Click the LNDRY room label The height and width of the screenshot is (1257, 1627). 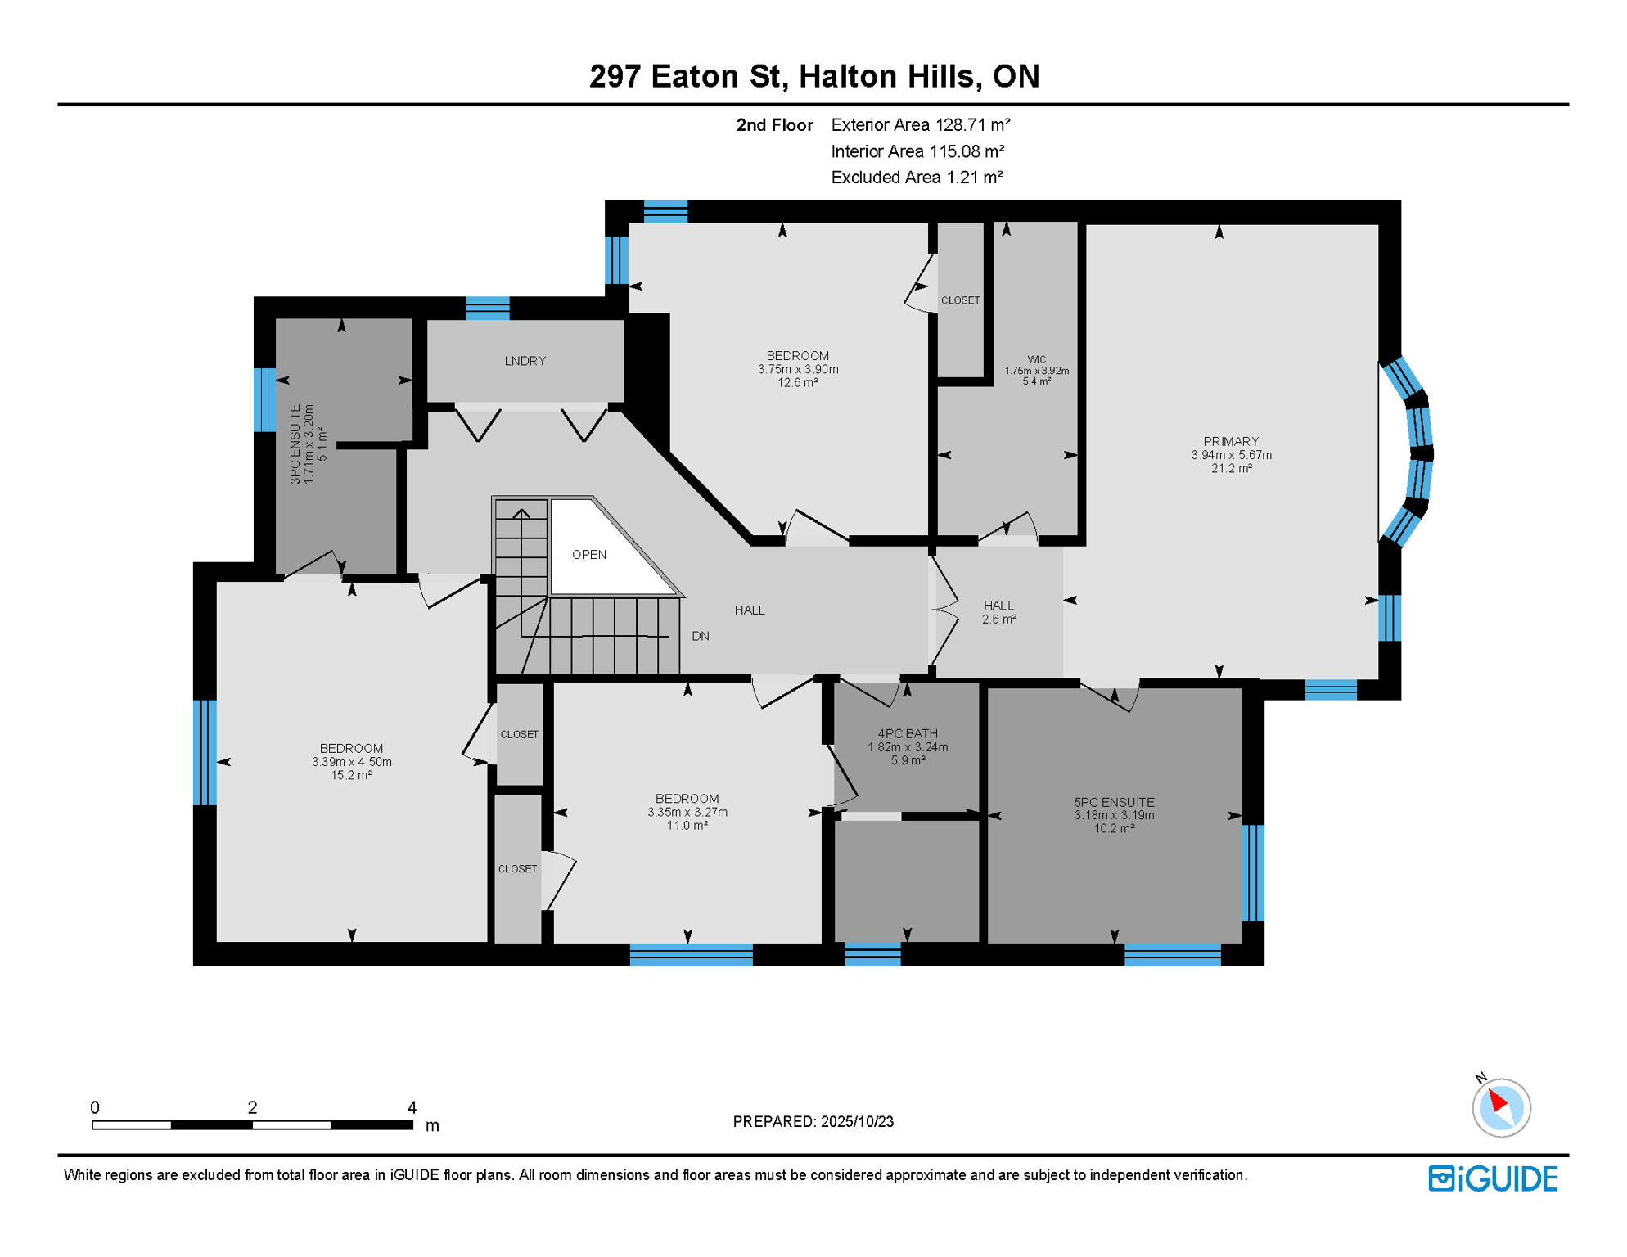(x=525, y=361)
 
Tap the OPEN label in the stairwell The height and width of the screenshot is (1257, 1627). (x=589, y=555)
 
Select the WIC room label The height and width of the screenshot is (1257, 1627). (x=1036, y=359)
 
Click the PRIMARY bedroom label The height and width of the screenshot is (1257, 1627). (x=1231, y=441)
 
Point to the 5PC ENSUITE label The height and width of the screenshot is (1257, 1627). (x=1114, y=802)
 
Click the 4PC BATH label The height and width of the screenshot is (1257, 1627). (x=908, y=733)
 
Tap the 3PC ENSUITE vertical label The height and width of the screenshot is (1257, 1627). (x=295, y=444)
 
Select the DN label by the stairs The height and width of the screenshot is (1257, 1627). (x=701, y=636)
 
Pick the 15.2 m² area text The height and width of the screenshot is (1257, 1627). (x=351, y=775)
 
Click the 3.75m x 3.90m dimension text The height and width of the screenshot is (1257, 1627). (x=798, y=369)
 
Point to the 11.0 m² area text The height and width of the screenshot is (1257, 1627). (x=687, y=826)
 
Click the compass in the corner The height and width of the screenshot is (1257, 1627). (x=1501, y=1106)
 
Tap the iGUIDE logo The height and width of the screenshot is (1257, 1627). (x=1493, y=1178)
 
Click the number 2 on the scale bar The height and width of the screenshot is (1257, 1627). (x=252, y=1107)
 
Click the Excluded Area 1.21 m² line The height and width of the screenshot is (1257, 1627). (x=917, y=178)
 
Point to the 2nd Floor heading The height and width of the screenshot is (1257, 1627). (x=774, y=125)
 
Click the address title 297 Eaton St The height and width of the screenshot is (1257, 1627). (x=688, y=76)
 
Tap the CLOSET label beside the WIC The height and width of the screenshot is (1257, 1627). (x=960, y=300)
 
